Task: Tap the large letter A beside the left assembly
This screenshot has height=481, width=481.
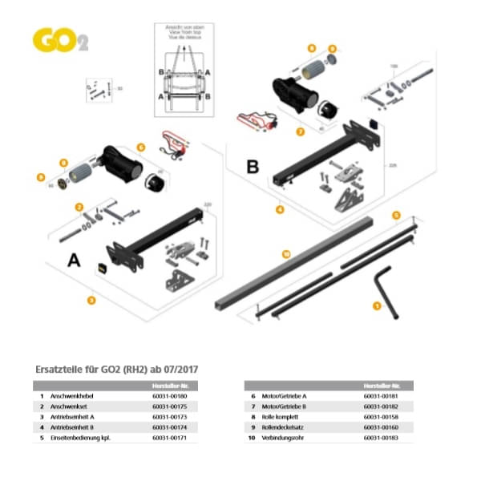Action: point(74,261)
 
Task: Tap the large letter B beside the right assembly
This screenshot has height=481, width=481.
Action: point(253,168)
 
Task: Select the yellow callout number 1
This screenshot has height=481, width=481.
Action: point(378,305)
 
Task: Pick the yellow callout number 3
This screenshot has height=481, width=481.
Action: point(91,301)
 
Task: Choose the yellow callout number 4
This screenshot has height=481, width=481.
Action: point(279,210)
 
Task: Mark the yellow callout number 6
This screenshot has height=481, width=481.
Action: point(140,147)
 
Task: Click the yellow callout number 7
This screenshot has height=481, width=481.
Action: point(300,131)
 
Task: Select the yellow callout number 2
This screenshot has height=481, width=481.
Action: point(79,207)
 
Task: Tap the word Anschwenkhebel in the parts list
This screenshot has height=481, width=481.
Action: point(73,396)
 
